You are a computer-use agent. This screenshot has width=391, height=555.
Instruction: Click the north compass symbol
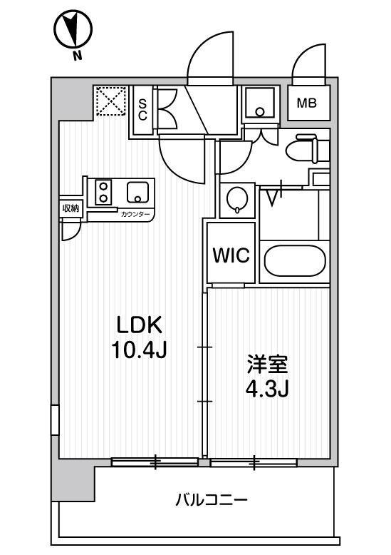[x=73, y=29]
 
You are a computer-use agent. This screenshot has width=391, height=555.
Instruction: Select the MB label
[x=306, y=103]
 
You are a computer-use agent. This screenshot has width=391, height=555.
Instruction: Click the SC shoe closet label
[x=142, y=109]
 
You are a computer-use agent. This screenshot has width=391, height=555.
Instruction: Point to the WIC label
[x=231, y=255]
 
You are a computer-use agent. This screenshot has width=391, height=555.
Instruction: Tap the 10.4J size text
[x=139, y=350]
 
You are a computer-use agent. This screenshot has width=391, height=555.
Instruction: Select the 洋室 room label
[x=268, y=365]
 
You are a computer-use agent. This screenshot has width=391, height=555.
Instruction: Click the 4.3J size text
[x=268, y=389]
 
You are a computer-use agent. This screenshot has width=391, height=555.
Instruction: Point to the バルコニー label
[x=212, y=500]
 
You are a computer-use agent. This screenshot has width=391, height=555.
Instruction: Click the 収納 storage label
[x=71, y=208]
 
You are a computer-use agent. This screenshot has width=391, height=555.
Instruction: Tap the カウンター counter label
[x=135, y=215]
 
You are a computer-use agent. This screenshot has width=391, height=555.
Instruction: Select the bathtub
[x=294, y=260]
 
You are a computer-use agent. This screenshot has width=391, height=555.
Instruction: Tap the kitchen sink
[x=137, y=192]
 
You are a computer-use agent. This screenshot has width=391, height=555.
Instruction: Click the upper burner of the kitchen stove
[x=103, y=185]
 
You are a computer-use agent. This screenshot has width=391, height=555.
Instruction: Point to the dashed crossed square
[x=111, y=101]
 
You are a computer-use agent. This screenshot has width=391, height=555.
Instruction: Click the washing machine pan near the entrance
[x=260, y=103]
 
